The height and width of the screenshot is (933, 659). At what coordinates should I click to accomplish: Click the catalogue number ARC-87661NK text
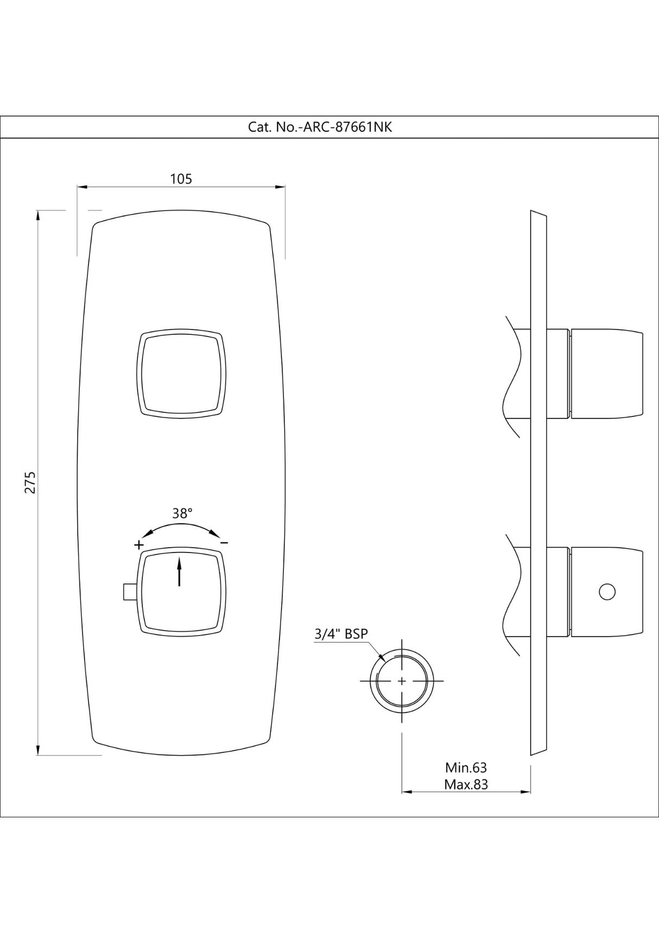(x=320, y=127)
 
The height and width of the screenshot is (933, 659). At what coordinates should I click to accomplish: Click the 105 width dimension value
(x=181, y=179)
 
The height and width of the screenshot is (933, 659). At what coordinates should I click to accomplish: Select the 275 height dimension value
(x=31, y=482)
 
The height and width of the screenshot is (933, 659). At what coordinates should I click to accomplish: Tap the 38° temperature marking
(x=182, y=513)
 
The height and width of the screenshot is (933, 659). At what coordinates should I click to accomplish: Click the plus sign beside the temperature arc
(x=139, y=544)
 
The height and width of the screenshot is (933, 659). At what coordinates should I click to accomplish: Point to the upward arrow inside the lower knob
(x=180, y=573)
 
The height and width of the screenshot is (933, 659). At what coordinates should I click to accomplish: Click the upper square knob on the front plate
(x=181, y=374)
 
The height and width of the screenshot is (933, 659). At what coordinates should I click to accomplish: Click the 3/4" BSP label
(x=341, y=634)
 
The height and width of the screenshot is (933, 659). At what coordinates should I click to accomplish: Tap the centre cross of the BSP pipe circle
(x=402, y=681)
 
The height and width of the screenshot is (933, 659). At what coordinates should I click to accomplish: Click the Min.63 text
(x=466, y=767)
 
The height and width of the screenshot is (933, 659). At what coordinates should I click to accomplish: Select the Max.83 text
(x=466, y=784)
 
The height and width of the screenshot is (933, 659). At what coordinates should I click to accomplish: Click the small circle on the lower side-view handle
(x=607, y=592)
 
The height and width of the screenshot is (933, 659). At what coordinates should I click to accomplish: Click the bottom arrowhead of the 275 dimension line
(x=37, y=751)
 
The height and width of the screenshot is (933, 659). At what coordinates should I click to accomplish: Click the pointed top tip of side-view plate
(x=532, y=211)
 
